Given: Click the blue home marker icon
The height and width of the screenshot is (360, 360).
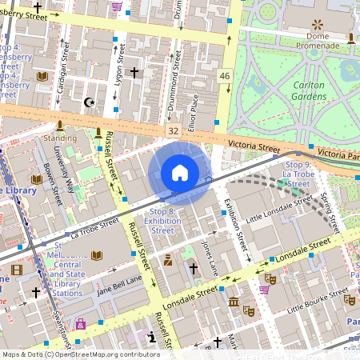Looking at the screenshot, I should [180, 173].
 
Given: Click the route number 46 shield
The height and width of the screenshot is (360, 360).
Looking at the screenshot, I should [225, 76].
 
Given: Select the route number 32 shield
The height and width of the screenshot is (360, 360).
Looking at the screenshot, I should [173, 130].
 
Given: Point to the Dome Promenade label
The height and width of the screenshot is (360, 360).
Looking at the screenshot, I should [318, 41].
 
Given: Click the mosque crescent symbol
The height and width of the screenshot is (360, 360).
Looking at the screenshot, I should [90, 102].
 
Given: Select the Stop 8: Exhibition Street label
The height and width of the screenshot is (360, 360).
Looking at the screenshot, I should [162, 220].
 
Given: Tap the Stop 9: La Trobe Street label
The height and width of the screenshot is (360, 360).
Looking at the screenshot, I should [298, 174].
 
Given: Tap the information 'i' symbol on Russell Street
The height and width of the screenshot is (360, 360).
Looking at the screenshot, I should [152, 338].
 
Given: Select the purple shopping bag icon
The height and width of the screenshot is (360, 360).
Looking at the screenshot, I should [80, 324].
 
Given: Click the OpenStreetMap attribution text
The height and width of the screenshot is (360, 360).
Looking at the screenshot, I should [80, 354].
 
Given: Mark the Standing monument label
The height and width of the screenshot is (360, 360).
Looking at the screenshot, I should [60, 138].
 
